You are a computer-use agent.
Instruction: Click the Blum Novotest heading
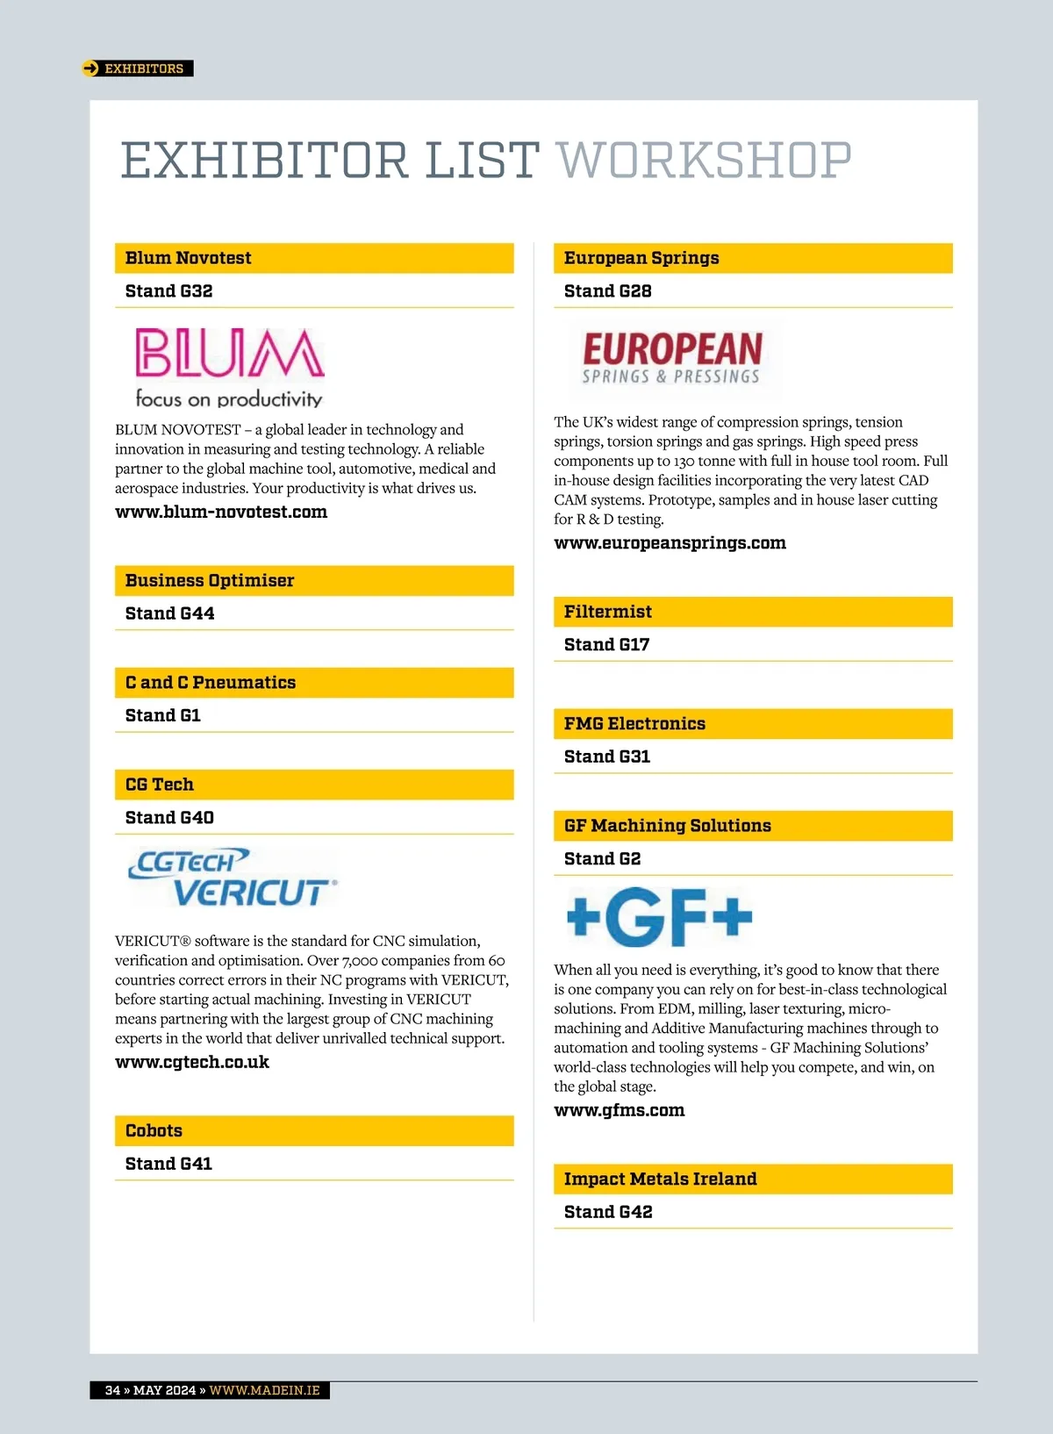[x=189, y=258]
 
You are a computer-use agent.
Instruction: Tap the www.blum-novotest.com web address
[x=221, y=513]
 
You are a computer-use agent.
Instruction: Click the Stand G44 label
[x=169, y=613]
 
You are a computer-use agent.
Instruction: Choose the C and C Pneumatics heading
[x=211, y=683]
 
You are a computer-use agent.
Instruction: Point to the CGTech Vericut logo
[x=233, y=878]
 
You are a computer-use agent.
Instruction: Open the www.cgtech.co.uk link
[x=192, y=1063]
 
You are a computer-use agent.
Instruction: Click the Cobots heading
[x=154, y=1131]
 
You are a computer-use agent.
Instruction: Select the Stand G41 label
[x=168, y=1165]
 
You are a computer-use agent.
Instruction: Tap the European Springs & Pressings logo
[x=672, y=359]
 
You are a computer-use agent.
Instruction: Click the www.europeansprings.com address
[x=670, y=543]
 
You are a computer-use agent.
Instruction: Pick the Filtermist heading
[x=608, y=612]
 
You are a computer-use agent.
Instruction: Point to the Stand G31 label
[x=607, y=756]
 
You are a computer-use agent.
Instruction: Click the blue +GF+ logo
[x=660, y=917]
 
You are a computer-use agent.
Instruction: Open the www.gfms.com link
[x=620, y=1111]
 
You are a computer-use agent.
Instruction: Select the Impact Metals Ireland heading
[x=660, y=1179]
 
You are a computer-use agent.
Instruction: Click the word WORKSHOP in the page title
[x=704, y=161]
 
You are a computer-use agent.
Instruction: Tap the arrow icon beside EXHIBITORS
[x=90, y=68]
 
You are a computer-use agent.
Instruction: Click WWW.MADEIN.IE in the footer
[x=264, y=1390]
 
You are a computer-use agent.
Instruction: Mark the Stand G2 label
[x=602, y=859]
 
